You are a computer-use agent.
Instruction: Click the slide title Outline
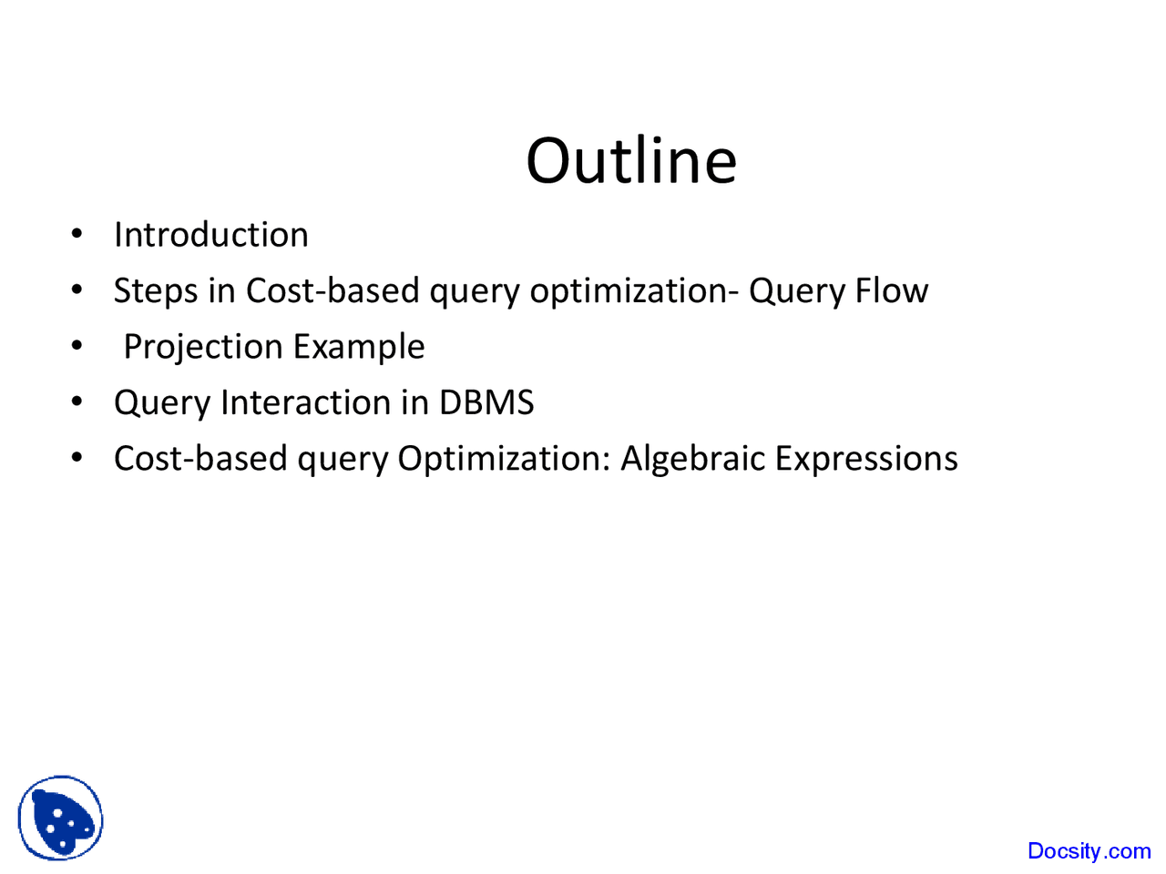630,161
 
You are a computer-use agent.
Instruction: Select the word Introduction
210,235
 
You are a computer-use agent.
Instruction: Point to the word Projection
203,348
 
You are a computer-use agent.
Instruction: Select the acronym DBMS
486,402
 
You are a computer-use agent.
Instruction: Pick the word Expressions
866,459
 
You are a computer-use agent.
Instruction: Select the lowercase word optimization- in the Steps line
634,291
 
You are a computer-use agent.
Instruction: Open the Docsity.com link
1089,851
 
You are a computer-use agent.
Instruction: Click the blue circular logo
60,818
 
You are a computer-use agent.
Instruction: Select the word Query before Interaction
162,403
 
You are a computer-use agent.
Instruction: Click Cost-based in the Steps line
332,291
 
